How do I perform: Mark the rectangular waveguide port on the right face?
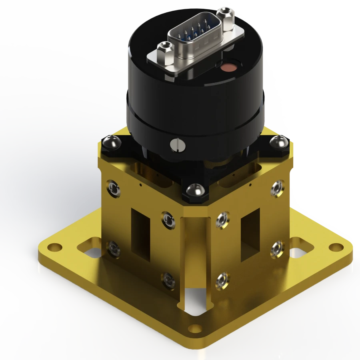point(250,231)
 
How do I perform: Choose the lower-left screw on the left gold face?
point(114,249)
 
